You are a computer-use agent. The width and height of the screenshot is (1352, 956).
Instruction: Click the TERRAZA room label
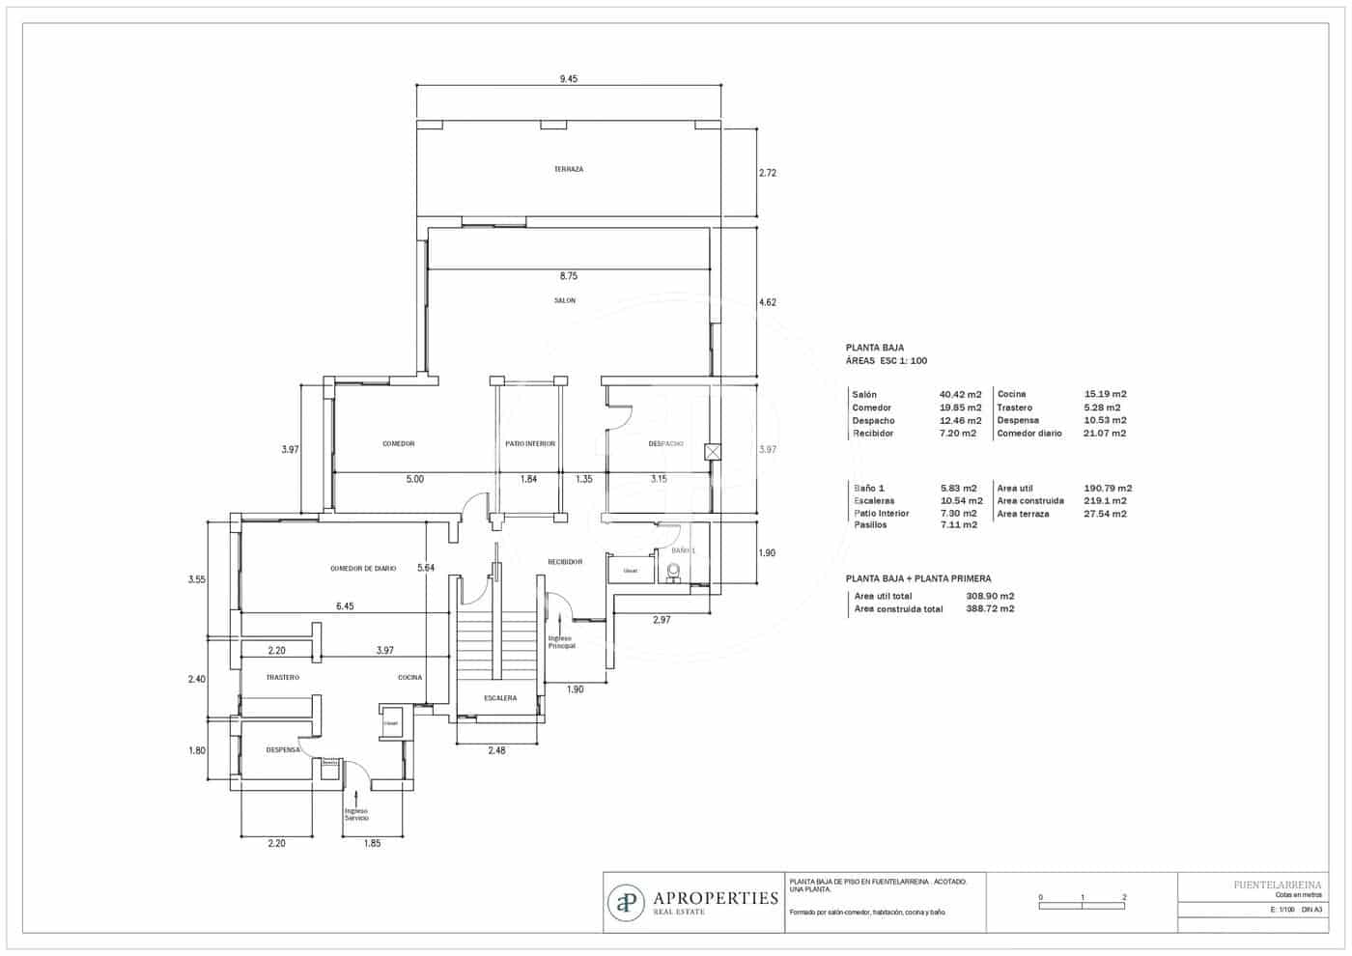[x=568, y=169]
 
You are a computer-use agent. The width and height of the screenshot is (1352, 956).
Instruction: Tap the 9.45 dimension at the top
[x=568, y=79]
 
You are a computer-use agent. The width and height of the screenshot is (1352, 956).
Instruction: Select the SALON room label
[x=565, y=300]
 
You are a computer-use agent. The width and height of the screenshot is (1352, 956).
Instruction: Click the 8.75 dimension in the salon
[x=568, y=276]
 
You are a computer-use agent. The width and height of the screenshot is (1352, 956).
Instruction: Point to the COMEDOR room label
[x=398, y=443]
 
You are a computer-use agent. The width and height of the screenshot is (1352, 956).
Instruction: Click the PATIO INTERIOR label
[x=530, y=443]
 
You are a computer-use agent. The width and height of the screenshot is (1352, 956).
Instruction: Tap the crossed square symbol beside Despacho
[x=713, y=451]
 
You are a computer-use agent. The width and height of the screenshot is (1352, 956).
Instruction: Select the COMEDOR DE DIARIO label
[x=363, y=569]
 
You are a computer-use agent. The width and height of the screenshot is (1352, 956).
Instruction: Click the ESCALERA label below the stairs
[x=500, y=698]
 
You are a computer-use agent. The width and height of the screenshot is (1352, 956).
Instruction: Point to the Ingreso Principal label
[x=561, y=642]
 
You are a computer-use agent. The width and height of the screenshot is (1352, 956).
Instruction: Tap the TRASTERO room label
[x=283, y=677]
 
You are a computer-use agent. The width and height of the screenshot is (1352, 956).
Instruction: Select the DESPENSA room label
[x=283, y=749]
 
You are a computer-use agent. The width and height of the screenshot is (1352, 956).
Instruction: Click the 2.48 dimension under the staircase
[x=496, y=750]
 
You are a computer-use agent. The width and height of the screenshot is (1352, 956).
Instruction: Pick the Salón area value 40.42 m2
[x=960, y=394]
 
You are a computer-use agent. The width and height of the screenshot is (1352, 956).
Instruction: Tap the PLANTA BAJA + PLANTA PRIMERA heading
[x=917, y=578]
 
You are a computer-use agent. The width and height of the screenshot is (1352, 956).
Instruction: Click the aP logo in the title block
[x=627, y=902]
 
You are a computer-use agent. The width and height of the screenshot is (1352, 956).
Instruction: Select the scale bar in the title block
[x=1082, y=903]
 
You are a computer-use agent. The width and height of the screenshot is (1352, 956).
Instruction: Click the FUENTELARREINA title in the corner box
[x=1278, y=884]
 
